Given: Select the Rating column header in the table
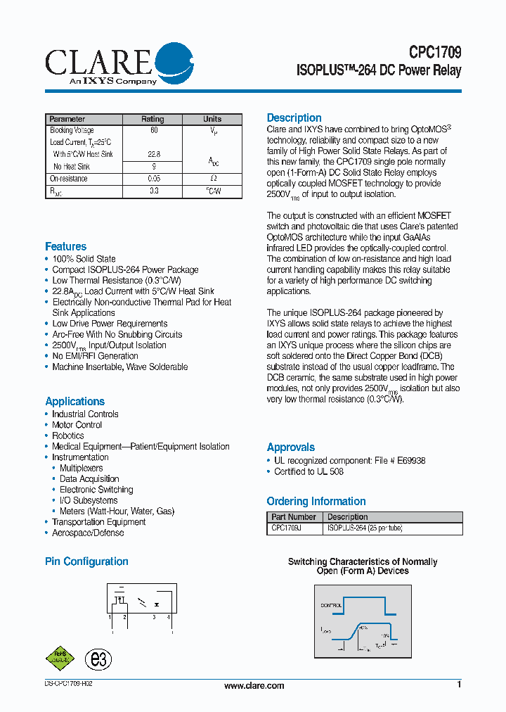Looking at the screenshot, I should pos(153,119).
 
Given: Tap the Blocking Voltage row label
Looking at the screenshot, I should pos(72,130).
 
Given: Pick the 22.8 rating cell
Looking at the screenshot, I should pos(153,154).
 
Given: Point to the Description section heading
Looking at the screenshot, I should pos(294,117).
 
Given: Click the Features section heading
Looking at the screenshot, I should pos(65,246).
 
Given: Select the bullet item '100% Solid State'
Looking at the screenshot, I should pos(84,259).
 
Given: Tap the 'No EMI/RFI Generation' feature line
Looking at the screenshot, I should pos(95,356).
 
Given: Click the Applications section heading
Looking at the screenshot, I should pos(74,401).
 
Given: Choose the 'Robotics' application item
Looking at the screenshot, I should pos(67,436).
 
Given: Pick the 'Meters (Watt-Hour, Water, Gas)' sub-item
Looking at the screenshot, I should pos(117,511).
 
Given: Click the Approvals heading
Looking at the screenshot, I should pos(290,447).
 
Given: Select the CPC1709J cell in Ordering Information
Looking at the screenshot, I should pos(287,528).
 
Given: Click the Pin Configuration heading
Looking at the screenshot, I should pos(86,561).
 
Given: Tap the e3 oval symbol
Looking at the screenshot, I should pos(98,659).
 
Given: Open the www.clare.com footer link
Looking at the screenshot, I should pos(254,686).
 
